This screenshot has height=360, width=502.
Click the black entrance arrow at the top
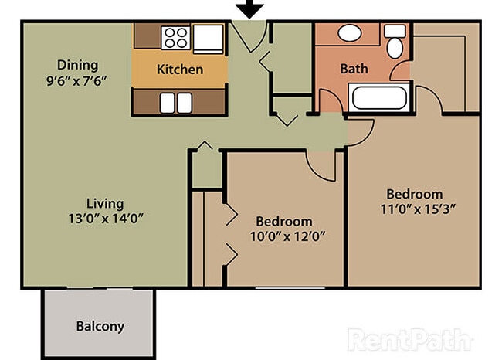click(x=249, y=9)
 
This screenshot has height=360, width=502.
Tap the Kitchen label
click(x=180, y=70)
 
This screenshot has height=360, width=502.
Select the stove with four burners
click(x=175, y=36)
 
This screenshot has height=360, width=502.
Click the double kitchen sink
click(x=177, y=101)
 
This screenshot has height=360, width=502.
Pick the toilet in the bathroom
click(x=395, y=42)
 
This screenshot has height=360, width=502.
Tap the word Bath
click(x=354, y=69)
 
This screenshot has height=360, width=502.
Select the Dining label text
click(x=78, y=64)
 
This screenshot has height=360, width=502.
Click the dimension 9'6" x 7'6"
click(x=78, y=80)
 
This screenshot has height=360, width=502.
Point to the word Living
click(x=105, y=204)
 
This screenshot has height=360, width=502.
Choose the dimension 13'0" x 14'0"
click(x=105, y=219)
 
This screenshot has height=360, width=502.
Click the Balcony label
click(x=100, y=326)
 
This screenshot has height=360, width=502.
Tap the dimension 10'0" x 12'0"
click(x=285, y=236)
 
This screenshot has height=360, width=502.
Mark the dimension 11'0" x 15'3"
click(x=415, y=209)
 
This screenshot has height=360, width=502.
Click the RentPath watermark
click(x=409, y=339)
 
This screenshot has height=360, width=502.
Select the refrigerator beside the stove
click(x=208, y=36)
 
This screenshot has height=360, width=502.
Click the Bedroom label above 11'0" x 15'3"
click(x=415, y=194)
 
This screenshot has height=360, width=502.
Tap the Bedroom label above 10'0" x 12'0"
click(x=285, y=221)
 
